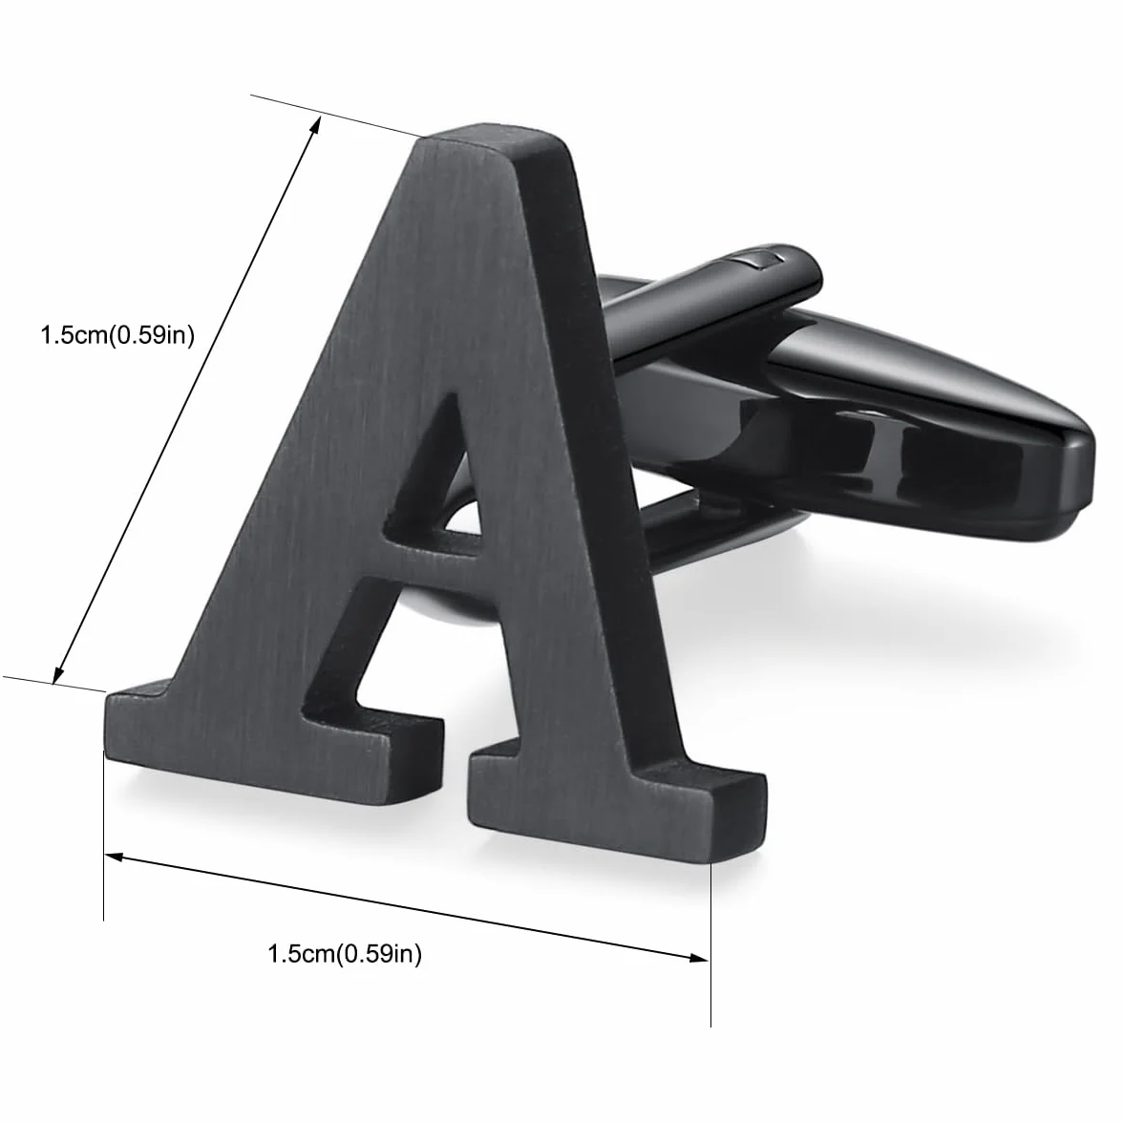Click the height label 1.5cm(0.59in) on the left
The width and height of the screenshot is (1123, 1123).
(x=117, y=335)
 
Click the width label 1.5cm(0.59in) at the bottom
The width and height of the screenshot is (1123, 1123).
(x=345, y=954)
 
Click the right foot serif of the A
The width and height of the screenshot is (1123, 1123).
(x=616, y=802)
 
